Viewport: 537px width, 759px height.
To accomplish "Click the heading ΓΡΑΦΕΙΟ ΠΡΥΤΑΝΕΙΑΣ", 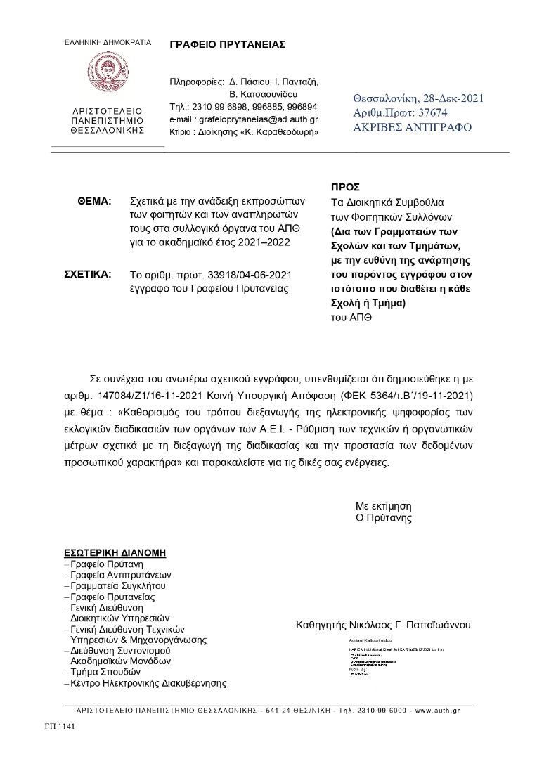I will [227, 44].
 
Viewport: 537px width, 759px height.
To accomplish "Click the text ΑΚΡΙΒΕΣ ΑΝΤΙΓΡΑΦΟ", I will [413, 127].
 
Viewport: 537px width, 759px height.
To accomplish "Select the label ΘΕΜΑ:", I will [94, 201].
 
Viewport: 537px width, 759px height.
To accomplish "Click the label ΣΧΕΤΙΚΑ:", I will [88, 274].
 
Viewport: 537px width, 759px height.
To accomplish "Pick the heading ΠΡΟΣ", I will [344, 187].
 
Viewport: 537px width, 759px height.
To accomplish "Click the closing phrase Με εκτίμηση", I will [383, 505].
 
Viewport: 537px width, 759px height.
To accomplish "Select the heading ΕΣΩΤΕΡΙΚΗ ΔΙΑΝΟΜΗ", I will [115, 552].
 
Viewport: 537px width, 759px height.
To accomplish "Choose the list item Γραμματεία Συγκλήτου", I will [118, 585].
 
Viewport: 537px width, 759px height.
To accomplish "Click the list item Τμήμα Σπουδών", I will [105, 672].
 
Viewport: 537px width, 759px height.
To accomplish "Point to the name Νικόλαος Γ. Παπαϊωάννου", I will [413, 624].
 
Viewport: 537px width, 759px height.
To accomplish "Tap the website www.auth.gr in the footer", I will [437, 711].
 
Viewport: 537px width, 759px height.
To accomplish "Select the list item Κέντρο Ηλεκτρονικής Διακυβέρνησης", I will [148, 683].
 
